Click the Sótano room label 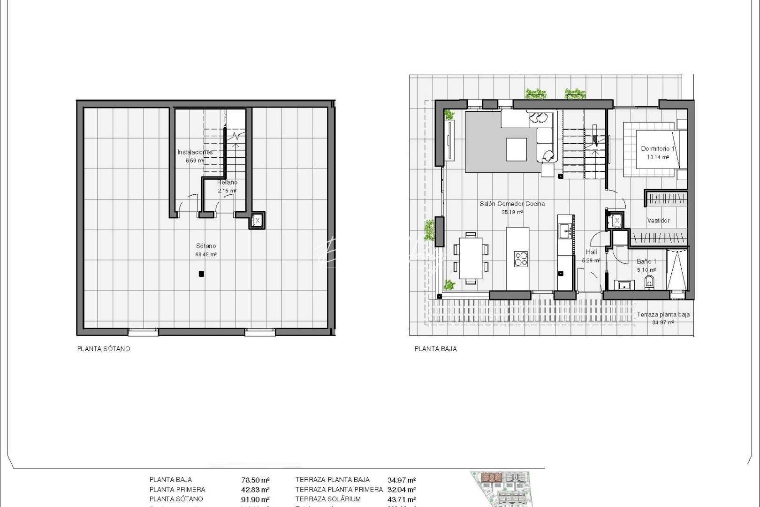point(206,246)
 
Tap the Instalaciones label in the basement point(195,152)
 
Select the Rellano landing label point(228,182)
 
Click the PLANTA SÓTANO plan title point(104,349)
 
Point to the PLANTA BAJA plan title point(435,349)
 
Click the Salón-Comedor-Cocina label point(512,204)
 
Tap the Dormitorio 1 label point(658,149)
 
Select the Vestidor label point(658,221)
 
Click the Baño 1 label point(646,261)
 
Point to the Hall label point(591,252)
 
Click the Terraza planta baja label point(663,315)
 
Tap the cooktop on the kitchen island point(521,259)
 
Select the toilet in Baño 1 point(649,282)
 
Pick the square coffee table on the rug point(516,150)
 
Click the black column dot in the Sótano point(201,274)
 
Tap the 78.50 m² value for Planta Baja point(255,480)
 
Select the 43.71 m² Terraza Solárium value point(401,499)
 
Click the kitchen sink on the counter point(565,230)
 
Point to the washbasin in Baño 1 point(624,285)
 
